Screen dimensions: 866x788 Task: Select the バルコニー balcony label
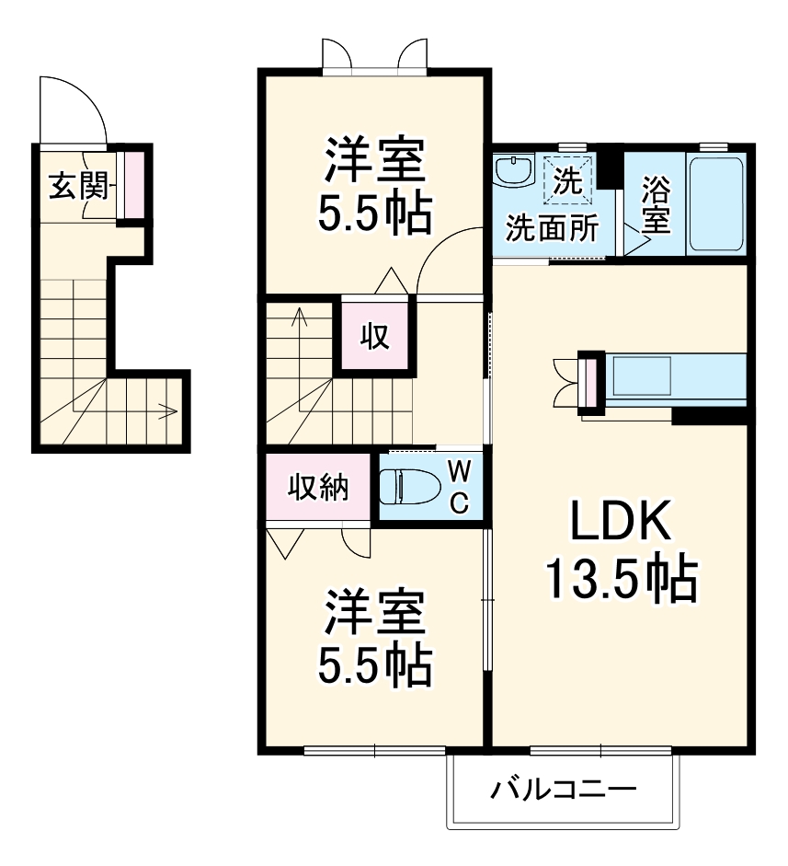563,790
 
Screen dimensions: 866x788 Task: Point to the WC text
460,487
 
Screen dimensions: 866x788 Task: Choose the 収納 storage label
320,487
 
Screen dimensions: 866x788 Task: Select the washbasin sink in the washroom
513,171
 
